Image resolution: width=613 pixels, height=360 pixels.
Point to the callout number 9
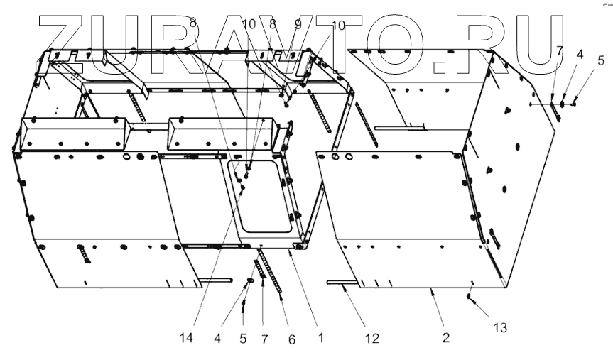click(x=298, y=24)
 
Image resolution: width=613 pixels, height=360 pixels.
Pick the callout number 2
click(x=445, y=339)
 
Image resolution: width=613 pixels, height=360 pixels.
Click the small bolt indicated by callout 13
click(x=470, y=296)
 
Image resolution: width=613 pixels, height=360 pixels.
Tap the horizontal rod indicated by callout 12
click(x=344, y=282)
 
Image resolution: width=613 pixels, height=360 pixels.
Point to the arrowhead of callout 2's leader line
click(x=433, y=289)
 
